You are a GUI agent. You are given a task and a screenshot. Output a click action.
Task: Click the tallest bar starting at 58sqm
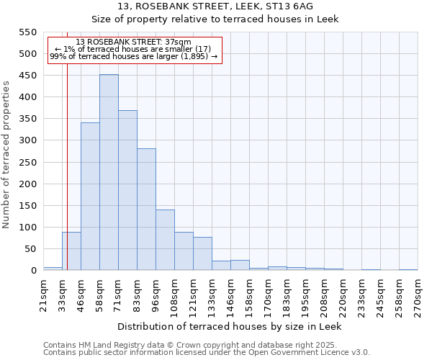point(109,173)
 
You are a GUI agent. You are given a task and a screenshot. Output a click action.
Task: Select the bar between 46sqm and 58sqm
point(90,197)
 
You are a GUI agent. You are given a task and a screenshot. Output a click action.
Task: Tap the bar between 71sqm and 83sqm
point(127,191)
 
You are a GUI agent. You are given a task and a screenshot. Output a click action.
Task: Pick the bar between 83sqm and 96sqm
point(146,210)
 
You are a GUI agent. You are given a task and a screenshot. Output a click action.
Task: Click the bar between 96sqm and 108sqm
point(165,240)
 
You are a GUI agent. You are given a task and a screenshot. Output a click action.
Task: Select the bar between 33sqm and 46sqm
point(71,251)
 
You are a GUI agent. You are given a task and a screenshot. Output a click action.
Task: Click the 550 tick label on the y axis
point(27,32)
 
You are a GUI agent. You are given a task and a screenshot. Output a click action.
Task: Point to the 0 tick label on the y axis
point(33,271)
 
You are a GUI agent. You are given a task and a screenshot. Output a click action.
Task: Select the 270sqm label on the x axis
point(418,295)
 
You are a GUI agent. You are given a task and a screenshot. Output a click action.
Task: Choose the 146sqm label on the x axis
point(230,295)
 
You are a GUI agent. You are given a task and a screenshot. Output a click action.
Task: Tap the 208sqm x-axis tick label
point(324,295)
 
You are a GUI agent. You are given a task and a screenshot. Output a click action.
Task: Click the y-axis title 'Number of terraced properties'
point(6,155)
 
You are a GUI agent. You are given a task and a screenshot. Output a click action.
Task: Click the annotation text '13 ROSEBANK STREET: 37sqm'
point(133,42)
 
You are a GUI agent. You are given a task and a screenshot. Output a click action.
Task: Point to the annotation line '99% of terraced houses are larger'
point(133,56)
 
